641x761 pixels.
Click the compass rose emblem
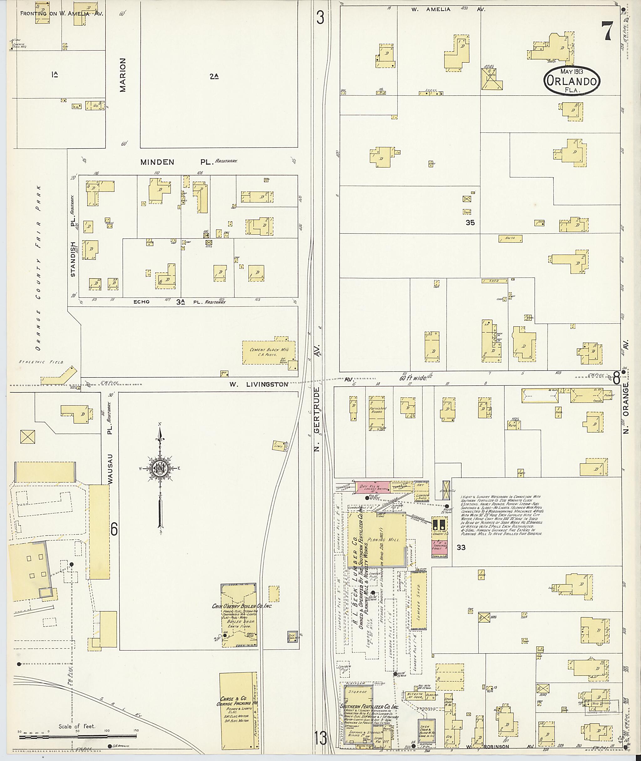point(160,468)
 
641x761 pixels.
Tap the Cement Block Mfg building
point(269,352)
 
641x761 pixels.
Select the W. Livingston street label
point(259,384)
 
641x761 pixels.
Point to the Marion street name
point(123,75)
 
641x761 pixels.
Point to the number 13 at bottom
point(320,738)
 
